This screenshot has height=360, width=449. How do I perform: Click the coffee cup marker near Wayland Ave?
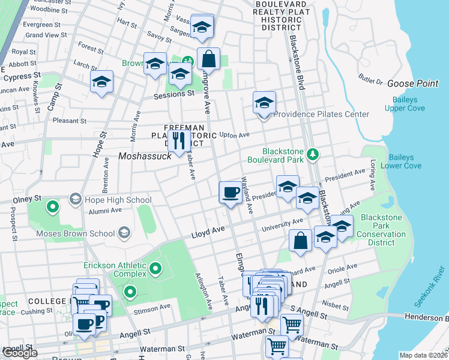click(229, 193)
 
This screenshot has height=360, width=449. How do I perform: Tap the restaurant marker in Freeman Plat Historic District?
click(178, 141)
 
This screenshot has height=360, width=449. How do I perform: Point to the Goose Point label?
click(412, 83)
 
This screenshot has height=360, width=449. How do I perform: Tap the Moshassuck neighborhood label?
click(145, 155)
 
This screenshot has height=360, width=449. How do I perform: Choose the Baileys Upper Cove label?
click(405, 103)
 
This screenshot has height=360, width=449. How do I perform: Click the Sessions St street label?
click(174, 94)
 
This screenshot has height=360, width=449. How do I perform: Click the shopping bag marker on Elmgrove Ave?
click(208, 59)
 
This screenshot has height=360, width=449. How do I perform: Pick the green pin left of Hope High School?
click(53, 208)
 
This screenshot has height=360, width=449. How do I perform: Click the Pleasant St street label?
click(70, 120)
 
